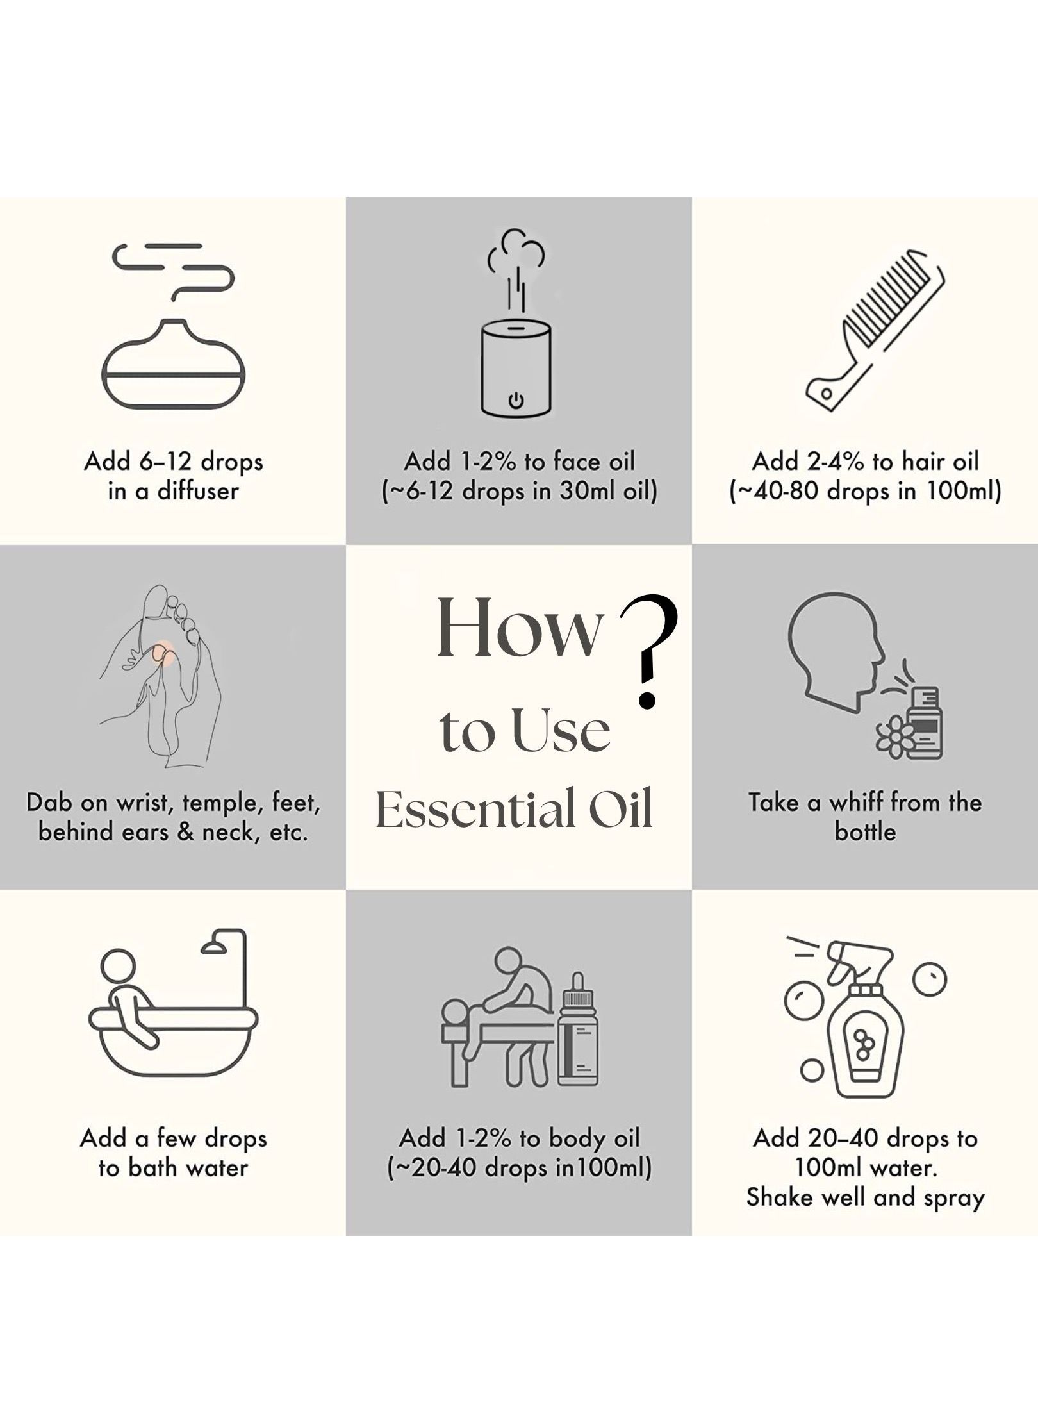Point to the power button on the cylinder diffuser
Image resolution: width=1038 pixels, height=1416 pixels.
pos(516,401)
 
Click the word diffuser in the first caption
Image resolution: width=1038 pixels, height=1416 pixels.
pos(198,492)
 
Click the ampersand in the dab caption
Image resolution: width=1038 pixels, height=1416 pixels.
pos(186,832)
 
